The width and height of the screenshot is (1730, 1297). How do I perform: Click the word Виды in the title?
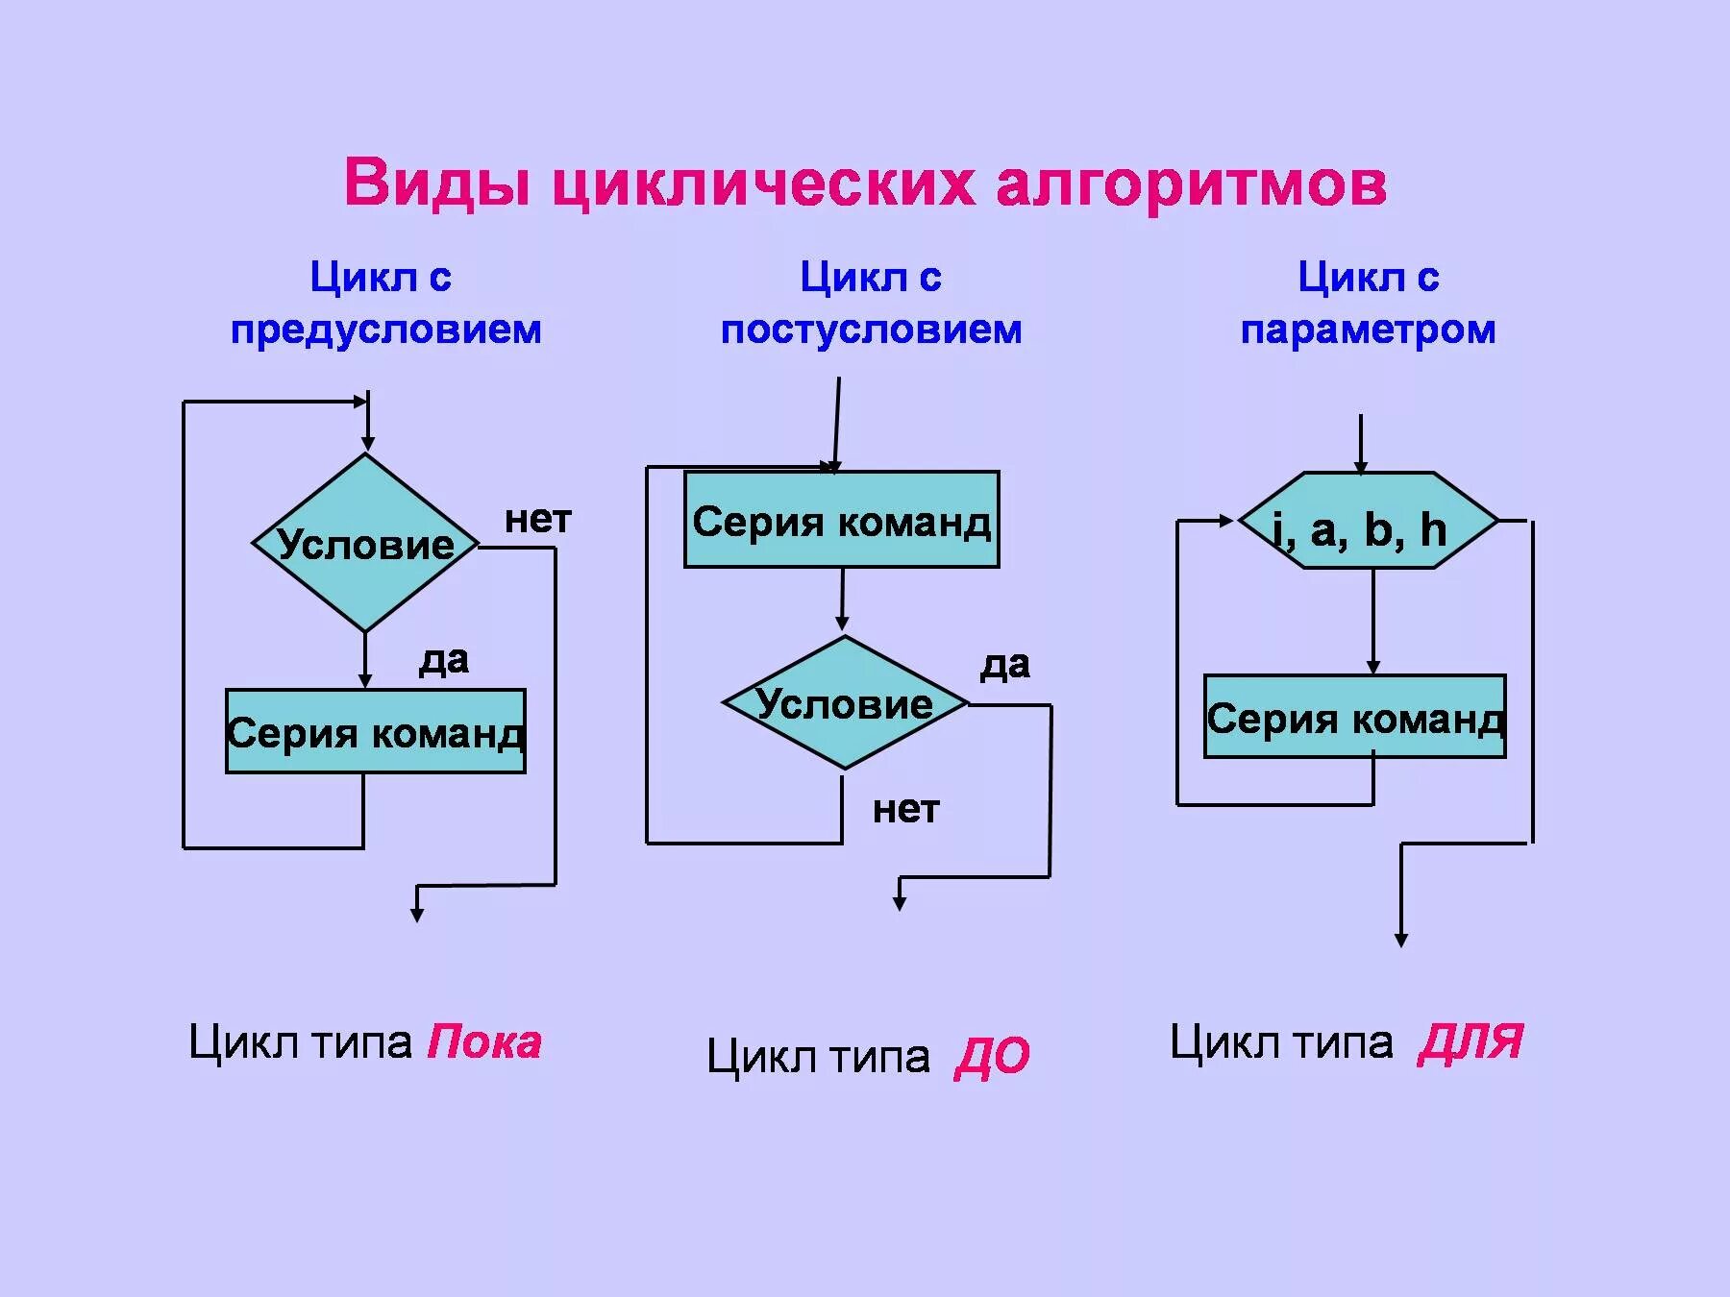pyautogui.click(x=437, y=183)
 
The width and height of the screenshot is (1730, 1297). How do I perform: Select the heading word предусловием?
pyautogui.click(x=385, y=330)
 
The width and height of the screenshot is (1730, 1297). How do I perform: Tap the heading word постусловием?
pyautogui.click(x=871, y=330)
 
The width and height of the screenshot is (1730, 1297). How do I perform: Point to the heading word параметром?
pyautogui.click(x=1368, y=330)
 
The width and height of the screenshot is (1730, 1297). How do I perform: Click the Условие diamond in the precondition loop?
pyautogui.click(x=365, y=543)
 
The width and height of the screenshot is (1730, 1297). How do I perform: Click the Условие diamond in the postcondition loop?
pyautogui.click(x=844, y=703)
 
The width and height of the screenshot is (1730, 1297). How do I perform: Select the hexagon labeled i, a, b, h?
pyautogui.click(x=1368, y=521)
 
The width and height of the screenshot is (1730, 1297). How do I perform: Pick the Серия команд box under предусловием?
pyautogui.click(x=375, y=731)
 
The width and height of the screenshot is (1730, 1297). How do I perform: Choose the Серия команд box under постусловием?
pyautogui.click(x=841, y=520)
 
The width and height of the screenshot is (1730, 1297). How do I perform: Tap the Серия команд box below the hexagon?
pyautogui.click(x=1354, y=717)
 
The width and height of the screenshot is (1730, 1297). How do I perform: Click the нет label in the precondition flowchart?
pyautogui.click(x=537, y=520)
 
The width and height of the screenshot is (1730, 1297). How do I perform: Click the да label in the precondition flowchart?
pyautogui.click(x=443, y=660)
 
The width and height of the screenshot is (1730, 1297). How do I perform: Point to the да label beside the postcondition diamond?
pyautogui.click(x=1004, y=665)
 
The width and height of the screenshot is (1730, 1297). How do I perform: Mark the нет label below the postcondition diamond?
pyautogui.click(x=905, y=809)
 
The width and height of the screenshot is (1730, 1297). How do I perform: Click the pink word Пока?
pyautogui.click(x=484, y=1042)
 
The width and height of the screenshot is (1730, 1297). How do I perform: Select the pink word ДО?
pyautogui.click(x=992, y=1057)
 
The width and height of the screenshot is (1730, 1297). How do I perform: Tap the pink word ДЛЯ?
pyautogui.click(x=1470, y=1042)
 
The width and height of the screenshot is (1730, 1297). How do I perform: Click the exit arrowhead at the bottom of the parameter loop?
pyautogui.click(x=1401, y=940)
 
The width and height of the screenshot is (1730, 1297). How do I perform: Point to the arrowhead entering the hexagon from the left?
pyautogui.click(x=1226, y=521)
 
